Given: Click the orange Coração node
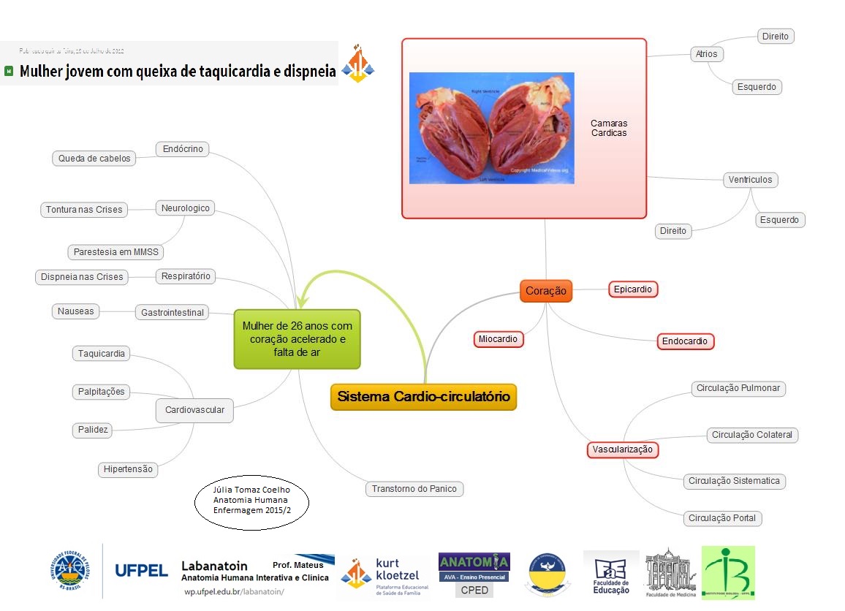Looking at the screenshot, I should (x=546, y=290).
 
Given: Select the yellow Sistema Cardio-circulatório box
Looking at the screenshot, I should (x=423, y=397).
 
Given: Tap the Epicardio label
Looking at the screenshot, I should (x=633, y=289).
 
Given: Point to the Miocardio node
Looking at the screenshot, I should (x=499, y=339).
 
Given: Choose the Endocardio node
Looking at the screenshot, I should (x=684, y=341).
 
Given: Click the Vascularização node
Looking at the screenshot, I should (x=623, y=449).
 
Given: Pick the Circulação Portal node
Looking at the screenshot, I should (x=722, y=518).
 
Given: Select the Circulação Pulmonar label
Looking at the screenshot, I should (x=738, y=388).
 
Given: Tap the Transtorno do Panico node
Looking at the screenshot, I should (x=415, y=489).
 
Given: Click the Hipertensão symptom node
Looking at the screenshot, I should (x=128, y=469).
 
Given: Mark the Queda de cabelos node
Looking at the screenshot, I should (x=94, y=158).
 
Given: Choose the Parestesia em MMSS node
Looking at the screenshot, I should (x=115, y=252).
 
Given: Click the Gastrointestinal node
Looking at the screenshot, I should (x=172, y=312).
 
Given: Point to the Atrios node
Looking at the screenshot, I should (x=707, y=54).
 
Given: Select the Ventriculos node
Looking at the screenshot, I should (x=751, y=180).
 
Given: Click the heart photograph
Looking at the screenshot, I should (x=491, y=128).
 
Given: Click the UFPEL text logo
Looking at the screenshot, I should (x=142, y=571).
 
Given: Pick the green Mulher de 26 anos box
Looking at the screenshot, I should (x=297, y=338).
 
